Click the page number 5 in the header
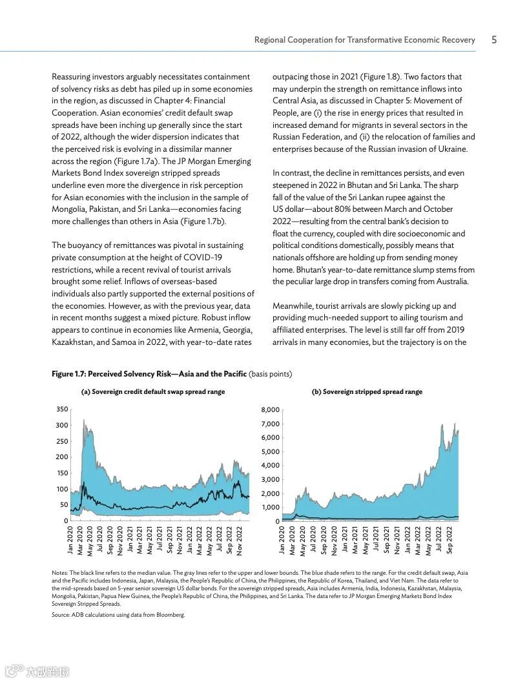click(494, 40)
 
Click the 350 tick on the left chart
click(62, 409)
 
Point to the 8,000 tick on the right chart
click(270, 410)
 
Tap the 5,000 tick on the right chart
click(270, 452)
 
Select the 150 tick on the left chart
click(62, 473)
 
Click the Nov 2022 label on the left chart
click(240, 541)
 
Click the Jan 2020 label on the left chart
click(70, 541)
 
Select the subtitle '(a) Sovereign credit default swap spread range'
click(152, 392)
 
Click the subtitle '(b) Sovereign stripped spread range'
click(367, 392)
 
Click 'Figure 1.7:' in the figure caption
click(68, 374)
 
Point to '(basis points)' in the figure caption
click(270, 374)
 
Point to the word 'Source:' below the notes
click(62, 615)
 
